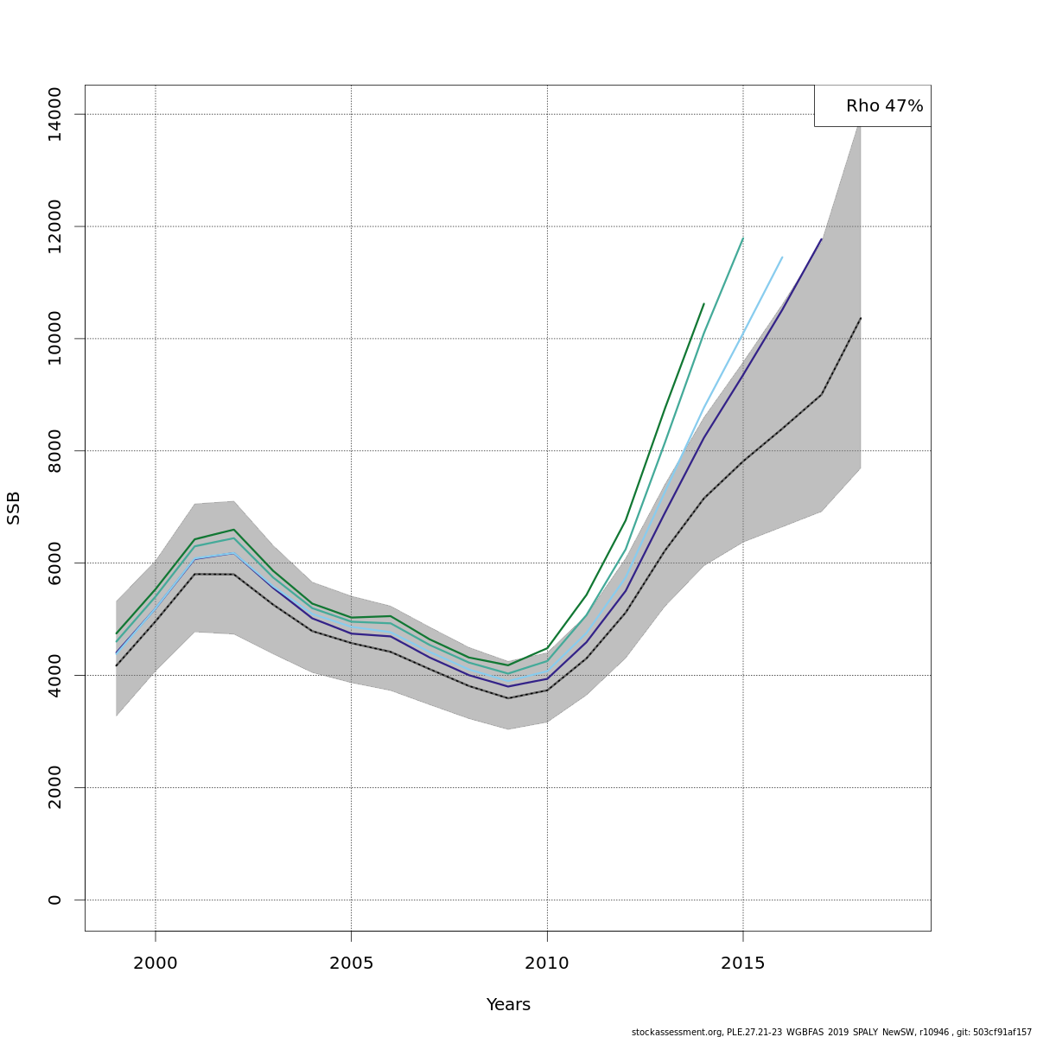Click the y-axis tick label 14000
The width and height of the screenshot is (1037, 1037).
pos(54,114)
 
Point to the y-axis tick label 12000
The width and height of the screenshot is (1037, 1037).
pos(54,226)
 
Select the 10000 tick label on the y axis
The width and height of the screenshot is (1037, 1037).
pos(54,339)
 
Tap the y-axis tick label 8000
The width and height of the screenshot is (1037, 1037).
pos(54,451)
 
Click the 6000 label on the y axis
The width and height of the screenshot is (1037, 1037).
pos(54,563)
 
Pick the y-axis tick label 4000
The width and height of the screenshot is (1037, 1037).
pos(54,675)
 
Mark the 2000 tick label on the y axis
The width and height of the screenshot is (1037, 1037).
pos(54,787)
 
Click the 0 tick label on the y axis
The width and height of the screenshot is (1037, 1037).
pos(54,900)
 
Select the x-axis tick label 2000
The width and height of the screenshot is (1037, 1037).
pos(156,964)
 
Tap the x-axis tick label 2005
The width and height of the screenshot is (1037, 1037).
pos(351,964)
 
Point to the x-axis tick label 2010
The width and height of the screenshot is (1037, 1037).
pos(547,964)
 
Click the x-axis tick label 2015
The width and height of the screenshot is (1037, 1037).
pos(743,964)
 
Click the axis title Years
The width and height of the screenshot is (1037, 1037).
pos(508,1005)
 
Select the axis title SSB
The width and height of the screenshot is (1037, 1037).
pos(14,507)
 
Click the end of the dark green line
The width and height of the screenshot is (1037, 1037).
pos(703,304)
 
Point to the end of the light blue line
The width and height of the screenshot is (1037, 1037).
pos(782,257)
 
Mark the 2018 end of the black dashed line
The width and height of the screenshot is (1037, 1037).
pos(861,318)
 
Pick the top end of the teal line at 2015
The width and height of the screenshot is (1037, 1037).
pos(743,238)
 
